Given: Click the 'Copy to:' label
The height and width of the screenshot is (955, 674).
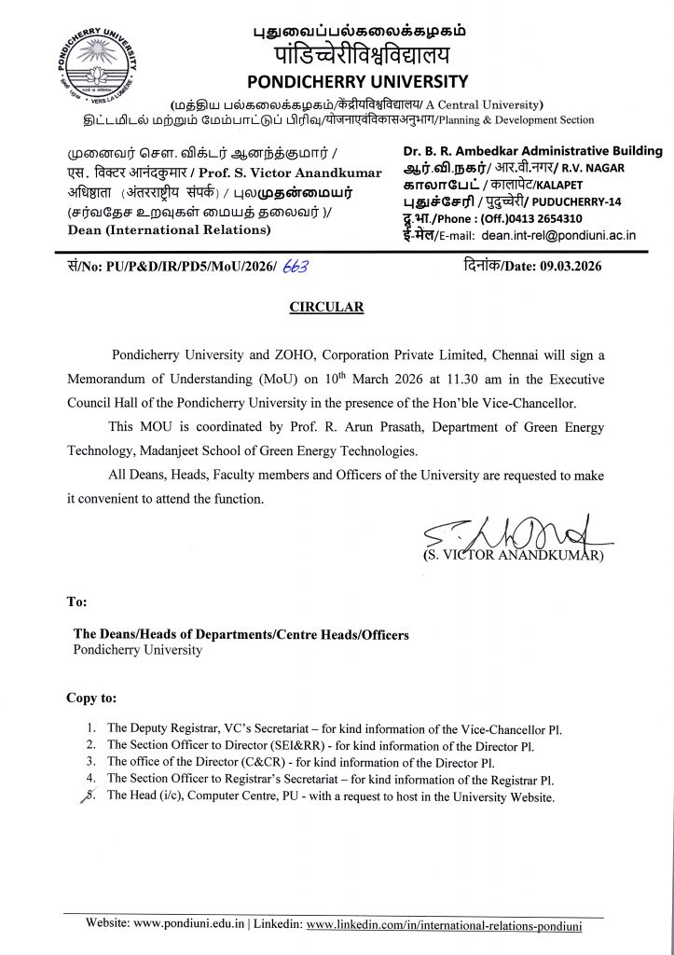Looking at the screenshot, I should tap(91, 698).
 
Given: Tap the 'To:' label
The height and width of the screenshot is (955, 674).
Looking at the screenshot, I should tap(76, 602).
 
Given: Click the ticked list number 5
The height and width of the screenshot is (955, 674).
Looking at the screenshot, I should tap(90, 797).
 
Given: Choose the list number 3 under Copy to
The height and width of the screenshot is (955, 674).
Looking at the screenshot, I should tap(90, 762).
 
